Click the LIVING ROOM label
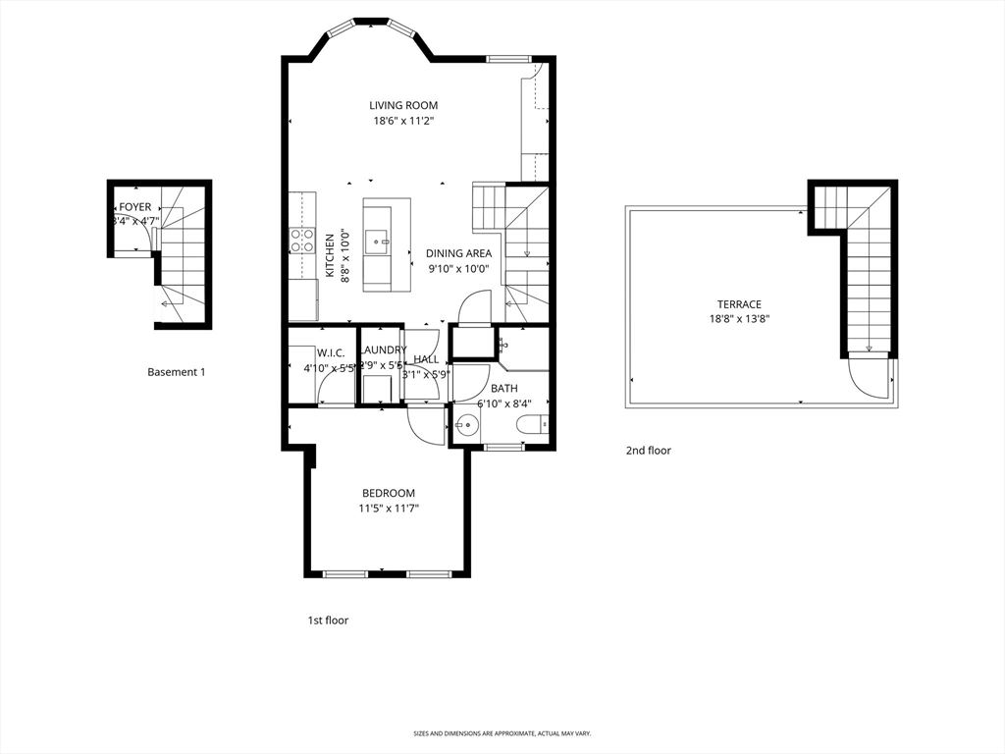403,105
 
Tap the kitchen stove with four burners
301,242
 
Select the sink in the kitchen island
377,240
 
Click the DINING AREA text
458,253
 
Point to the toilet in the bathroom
531,425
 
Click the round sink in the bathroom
466,426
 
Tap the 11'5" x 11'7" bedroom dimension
388,509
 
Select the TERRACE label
739,304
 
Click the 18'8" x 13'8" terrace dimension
739,319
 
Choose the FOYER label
135,207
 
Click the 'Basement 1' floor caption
177,372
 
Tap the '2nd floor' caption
649,451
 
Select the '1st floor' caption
328,620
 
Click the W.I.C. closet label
330,352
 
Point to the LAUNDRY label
383,350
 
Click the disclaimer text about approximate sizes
502,733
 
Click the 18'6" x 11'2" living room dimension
403,121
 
